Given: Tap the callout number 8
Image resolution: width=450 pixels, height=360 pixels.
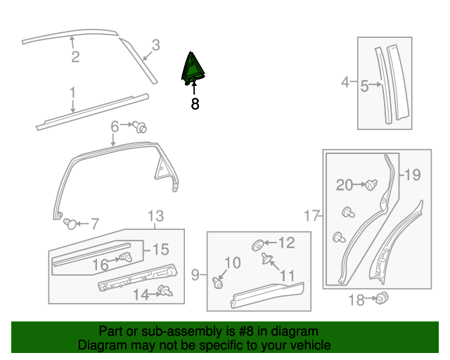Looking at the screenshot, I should (195, 104).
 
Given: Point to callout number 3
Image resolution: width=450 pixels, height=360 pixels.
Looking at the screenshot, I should (155, 45).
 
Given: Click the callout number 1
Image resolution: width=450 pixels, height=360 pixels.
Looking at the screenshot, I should (72, 93).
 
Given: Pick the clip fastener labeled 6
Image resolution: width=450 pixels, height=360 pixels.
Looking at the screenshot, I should (141, 127).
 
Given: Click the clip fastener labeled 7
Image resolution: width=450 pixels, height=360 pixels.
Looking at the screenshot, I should (70, 224).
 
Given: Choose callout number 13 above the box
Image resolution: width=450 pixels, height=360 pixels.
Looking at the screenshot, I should (155, 217).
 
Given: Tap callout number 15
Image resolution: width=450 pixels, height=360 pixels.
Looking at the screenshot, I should (160, 249).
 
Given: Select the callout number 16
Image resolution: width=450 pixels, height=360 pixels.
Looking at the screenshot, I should (101, 264).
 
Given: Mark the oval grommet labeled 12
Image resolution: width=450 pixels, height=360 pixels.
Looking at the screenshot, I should (258, 245).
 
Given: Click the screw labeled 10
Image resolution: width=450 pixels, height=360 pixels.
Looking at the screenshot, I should (217, 283).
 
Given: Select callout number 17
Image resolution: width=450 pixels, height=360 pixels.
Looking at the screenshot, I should (312, 217).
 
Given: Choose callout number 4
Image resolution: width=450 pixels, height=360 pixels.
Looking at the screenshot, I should (345, 83).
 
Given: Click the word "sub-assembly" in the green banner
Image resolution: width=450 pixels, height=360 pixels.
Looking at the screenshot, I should (157, 331).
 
